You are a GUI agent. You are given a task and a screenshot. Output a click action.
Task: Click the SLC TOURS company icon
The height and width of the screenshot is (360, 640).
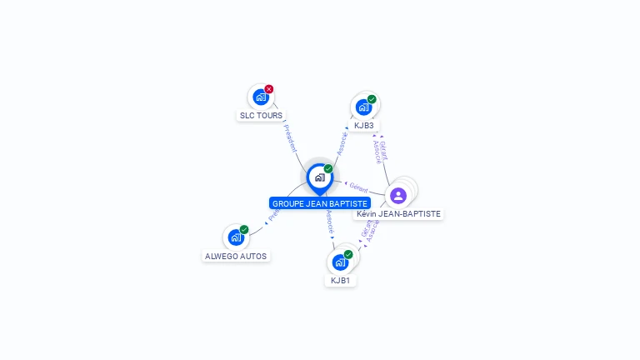(x=261, y=97)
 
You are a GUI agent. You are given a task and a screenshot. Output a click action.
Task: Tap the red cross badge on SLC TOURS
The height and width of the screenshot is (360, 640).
(x=269, y=89)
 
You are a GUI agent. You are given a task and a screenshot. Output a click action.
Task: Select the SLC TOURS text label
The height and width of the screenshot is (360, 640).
(x=261, y=116)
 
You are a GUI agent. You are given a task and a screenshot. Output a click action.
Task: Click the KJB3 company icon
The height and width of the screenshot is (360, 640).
(x=363, y=107)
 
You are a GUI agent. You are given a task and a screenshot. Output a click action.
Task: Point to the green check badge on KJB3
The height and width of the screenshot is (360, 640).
(x=372, y=99)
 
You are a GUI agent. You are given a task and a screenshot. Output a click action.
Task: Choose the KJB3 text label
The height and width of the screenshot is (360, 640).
(x=363, y=126)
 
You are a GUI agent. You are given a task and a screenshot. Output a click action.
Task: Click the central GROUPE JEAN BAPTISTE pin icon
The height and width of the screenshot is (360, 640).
(x=319, y=177)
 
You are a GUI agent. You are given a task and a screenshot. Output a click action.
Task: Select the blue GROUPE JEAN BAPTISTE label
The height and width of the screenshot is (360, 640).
(x=320, y=203)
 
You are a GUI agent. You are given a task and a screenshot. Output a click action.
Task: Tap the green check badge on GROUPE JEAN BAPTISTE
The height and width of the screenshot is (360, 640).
(x=328, y=169)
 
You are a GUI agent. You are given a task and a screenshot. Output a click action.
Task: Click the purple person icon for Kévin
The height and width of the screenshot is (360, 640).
(x=398, y=195)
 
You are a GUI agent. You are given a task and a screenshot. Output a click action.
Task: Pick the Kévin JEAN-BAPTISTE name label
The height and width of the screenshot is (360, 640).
(x=398, y=214)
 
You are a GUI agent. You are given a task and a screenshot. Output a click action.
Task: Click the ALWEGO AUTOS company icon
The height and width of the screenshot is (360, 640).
(x=236, y=237)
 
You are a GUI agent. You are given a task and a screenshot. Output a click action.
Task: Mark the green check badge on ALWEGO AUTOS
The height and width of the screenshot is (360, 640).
(x=244, y=230)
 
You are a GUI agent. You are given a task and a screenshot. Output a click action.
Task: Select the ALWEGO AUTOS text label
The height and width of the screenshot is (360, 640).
(x=236, y=257)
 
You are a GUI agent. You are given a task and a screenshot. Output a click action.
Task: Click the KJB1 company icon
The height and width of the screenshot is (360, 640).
(x=340, y=262)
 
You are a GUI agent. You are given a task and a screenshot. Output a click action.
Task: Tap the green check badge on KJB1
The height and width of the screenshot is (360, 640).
(x=348, y=254)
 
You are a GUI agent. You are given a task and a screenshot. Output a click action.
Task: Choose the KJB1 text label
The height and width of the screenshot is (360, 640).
(x=340, y=281)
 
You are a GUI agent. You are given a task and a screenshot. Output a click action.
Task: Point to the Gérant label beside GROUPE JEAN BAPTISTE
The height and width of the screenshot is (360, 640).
(x=359, y=188)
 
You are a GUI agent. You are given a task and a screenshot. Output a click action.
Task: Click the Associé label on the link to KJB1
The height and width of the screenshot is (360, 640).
(x=330, y=222)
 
